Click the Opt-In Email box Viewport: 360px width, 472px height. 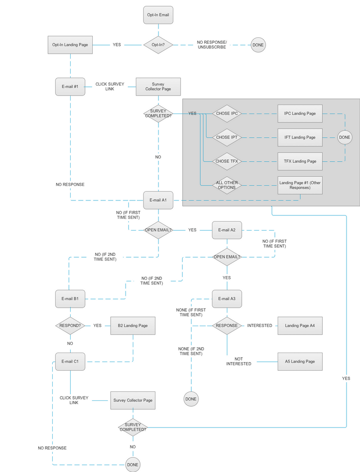tap(158, 15)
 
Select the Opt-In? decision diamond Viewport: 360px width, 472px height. tap(158, 45)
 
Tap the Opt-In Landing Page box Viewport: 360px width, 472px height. tap(70, 45)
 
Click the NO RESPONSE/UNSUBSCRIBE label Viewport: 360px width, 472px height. tap(212, 45)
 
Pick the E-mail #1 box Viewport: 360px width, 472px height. tap(70, 86)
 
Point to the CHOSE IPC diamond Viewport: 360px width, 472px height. tap(227, 113)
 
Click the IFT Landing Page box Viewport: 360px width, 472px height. tap(300, 137)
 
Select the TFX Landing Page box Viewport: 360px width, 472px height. tap(300, 161)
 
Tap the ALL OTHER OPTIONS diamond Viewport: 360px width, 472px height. tap(227, 185)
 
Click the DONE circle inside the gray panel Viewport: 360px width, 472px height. tap(345, 137)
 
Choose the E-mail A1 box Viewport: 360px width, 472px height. tap(158, 200)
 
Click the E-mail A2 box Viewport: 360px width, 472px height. tap(227, 230)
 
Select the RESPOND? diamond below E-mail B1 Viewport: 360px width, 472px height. tap(70, 325)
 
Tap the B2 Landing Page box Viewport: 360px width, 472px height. tap(133, 325)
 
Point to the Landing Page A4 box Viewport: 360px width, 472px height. tap(300, 325)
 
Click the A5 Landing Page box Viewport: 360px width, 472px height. tap(300, 361)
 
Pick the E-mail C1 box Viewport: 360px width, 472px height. tap(70, 361)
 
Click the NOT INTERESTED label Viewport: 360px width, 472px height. tap(239, 361)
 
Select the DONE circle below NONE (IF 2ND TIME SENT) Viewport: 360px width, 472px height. tap(191, 399)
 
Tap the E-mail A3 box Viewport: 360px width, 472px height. tap(227, 299)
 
